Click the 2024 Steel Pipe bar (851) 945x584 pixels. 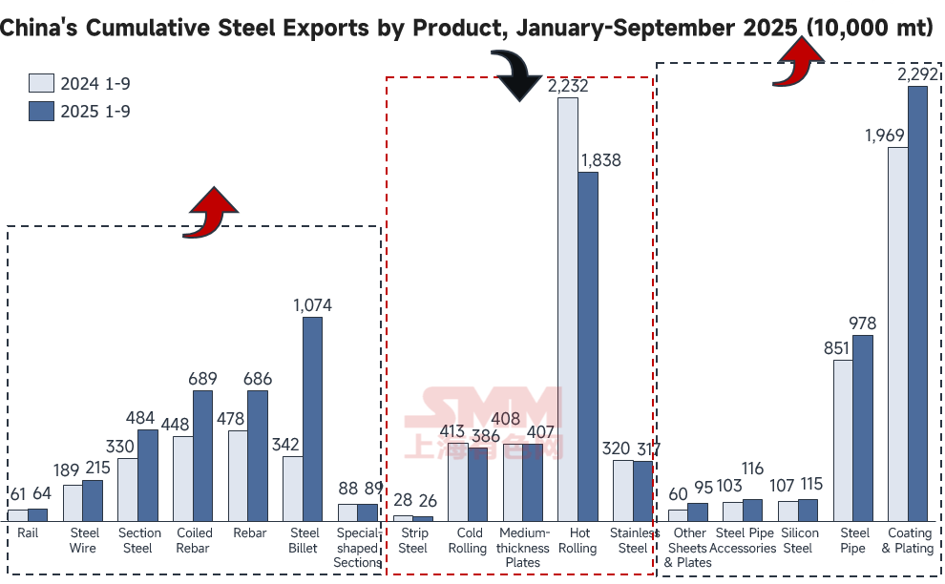tap(842, 440)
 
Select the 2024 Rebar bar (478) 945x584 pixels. tap(238, 475)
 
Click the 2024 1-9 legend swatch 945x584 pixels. tap(41, 84)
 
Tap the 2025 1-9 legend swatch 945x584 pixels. tap(41, 111)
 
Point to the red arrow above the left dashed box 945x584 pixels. tap(212, 211)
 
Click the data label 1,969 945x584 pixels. tap(885, 136)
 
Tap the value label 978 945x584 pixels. tap(862, 323)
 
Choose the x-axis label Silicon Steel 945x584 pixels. tap(798, 540)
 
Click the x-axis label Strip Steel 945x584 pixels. tap(413, 540)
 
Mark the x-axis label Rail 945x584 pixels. tap(28, 533)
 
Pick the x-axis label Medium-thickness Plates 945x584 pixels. tap(523, 548)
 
